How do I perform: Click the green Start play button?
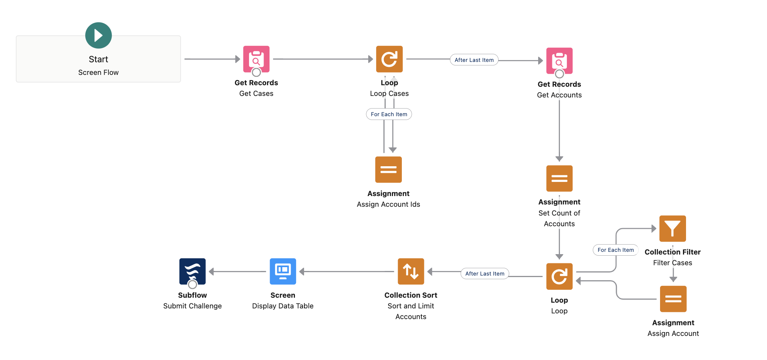tap(99, 36)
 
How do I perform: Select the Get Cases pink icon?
tap(256, 59)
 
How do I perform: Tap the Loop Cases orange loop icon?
tap(389, 59)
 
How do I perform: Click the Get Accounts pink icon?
tap(559, 60)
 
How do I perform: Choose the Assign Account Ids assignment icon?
tap(388, 169)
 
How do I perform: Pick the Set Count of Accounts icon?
tap(559, 178)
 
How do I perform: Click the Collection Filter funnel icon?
tap(673, 229)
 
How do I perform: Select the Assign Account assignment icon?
tap(673, 299)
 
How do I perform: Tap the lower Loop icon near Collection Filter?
tap(559, 276)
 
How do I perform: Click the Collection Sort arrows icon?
tap(411, 271)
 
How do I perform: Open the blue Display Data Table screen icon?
tap(283, 271)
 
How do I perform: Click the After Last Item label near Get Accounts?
tap(474, 60)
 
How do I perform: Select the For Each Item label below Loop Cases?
tap(389, 114)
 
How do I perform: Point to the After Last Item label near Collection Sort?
tap(485, 274)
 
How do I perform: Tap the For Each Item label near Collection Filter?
tap(615, 250)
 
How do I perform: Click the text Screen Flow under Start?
tap(99, 73)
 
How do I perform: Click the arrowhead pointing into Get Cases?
tap(238, 59)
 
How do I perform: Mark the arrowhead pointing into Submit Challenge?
tap(211, 271)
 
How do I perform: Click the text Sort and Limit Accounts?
tap(411, 311)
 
